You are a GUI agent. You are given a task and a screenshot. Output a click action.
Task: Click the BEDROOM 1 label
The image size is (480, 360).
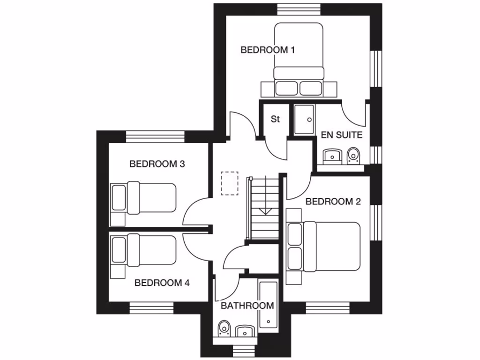coord(267,50)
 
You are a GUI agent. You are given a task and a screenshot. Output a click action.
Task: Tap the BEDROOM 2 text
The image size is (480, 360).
coord(333,202)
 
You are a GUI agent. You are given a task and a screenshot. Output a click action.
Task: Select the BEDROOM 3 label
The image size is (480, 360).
coord(157,164)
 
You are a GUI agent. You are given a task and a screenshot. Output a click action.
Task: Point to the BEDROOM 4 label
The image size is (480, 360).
coord(162,283)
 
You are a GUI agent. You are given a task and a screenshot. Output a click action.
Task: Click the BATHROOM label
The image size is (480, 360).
coord(247,306)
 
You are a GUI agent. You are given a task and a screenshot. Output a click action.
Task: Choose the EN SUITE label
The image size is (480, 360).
coord(342,135)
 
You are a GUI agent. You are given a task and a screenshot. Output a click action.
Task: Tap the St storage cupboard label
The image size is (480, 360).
coord(275,119)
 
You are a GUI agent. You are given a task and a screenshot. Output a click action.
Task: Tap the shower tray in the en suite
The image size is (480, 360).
coord(304,120)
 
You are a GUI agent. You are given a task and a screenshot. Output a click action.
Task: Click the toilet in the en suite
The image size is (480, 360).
coord(353,156)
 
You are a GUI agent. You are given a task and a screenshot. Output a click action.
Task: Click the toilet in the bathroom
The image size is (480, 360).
coord(225,328)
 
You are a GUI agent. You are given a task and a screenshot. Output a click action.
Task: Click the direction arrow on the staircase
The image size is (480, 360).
coord(265,210)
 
